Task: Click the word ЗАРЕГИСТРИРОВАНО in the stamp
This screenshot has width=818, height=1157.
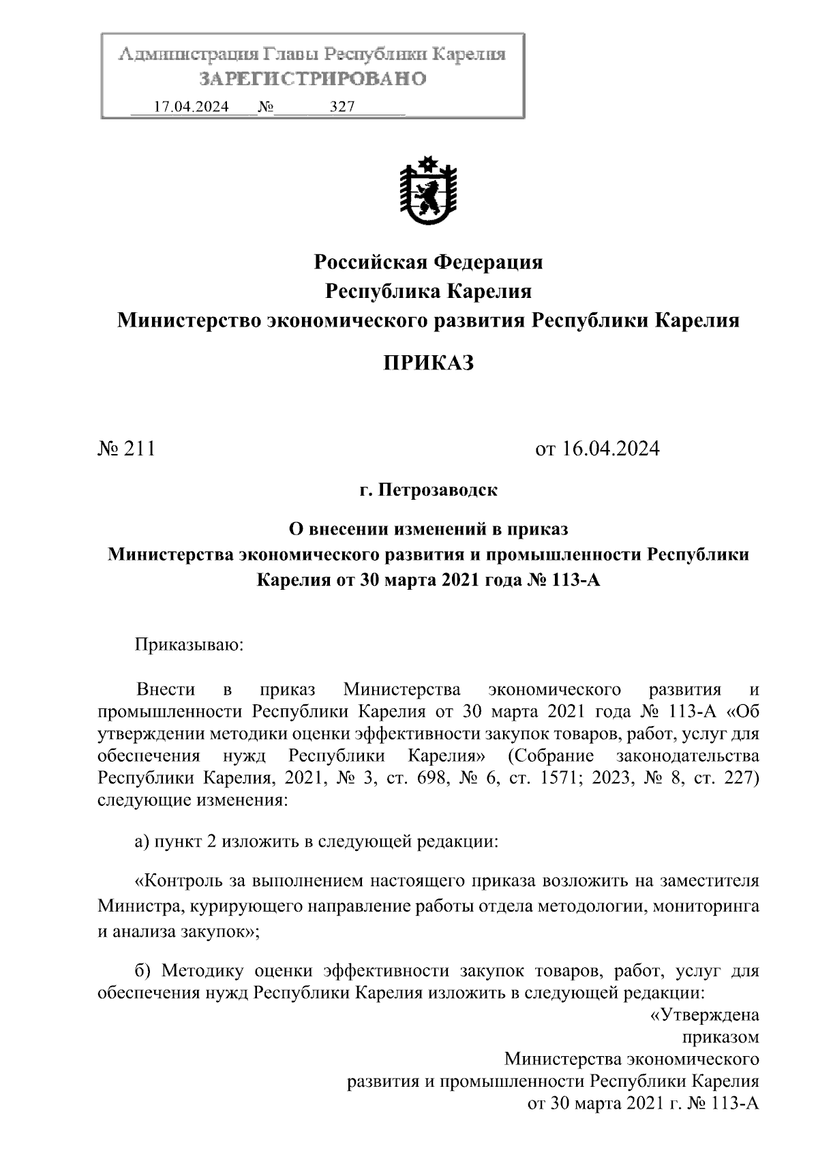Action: (312, 79)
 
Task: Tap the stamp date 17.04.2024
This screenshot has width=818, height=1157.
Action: (192, 107)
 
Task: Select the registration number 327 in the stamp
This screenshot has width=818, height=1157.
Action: (342, 107)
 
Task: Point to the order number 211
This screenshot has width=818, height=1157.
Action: (139, 449)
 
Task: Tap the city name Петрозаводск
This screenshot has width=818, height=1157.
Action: (437, 490)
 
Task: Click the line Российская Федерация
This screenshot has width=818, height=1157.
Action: (427, 262)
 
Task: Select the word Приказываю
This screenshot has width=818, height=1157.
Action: (189, 644)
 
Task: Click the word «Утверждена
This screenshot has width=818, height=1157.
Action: (703, 1015)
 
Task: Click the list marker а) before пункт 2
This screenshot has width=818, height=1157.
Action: (142, 842)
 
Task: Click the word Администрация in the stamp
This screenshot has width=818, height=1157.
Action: (183, 54)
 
